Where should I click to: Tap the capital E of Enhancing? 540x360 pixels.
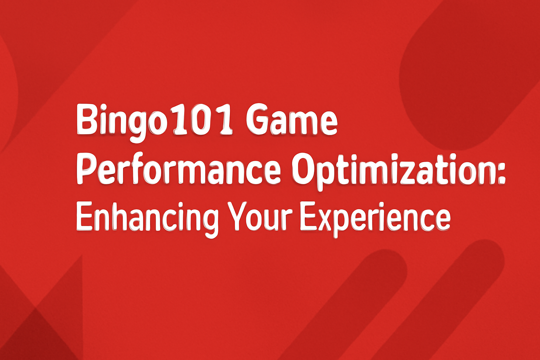click(84, 216)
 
